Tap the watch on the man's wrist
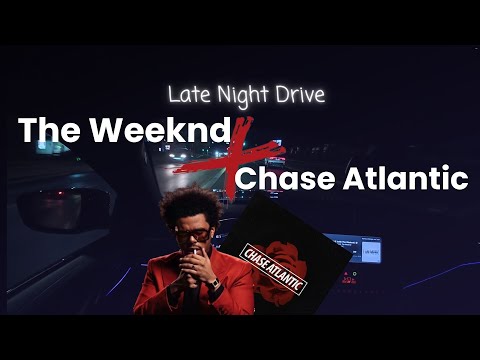pos(213,283)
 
